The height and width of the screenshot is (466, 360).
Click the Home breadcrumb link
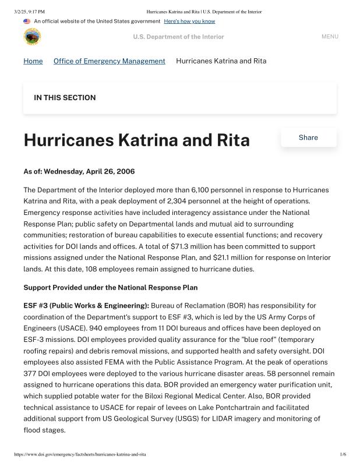[33, 61]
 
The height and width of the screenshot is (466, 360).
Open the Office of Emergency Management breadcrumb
[109, 61]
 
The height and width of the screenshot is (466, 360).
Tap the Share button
[308, 137]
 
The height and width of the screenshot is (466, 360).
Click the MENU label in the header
[330, 37]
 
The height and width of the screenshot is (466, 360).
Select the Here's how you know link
[189, 22]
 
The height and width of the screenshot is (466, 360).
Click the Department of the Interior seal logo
[32, 37]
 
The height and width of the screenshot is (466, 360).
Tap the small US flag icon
[27, 22]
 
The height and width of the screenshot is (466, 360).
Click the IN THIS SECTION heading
[65, 98]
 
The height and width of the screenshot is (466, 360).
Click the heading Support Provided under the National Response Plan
[110, 288]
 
